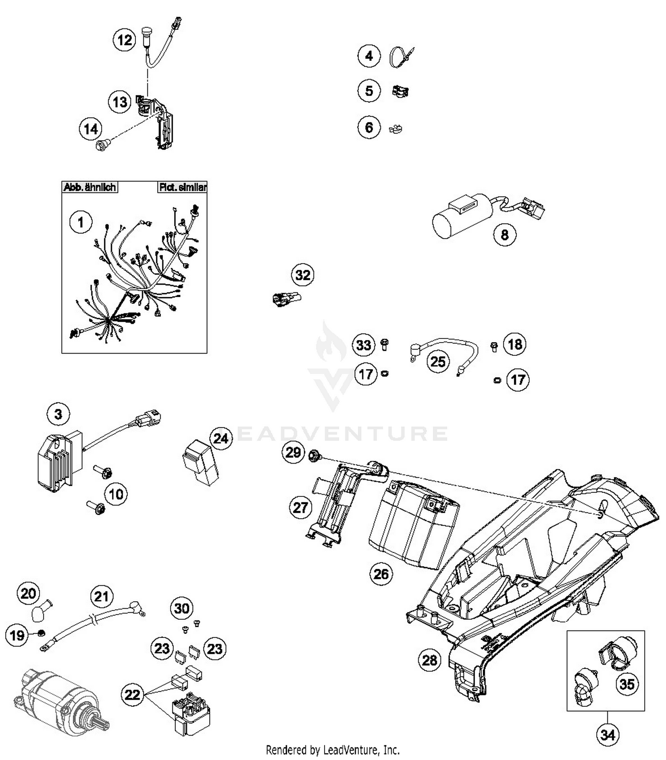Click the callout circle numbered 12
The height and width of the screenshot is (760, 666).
click(124, 40)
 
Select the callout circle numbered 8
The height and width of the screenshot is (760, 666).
click(505, 234)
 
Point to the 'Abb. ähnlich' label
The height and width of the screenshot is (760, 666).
click(90, 187)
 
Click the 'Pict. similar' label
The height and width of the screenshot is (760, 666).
click(182, 187)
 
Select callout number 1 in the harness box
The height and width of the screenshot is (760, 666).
click(81, 222)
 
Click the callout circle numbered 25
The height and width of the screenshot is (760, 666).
click(438, 361)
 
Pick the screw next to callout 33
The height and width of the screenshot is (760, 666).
click(385, 344)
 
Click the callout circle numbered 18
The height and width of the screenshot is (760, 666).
click(515, 344)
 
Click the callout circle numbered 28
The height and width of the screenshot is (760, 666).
click(429, 660)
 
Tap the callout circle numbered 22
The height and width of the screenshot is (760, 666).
click(132, 694)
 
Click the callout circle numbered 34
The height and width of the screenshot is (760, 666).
click(607, 735)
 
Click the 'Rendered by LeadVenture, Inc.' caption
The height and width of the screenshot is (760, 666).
click(333, 750)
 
